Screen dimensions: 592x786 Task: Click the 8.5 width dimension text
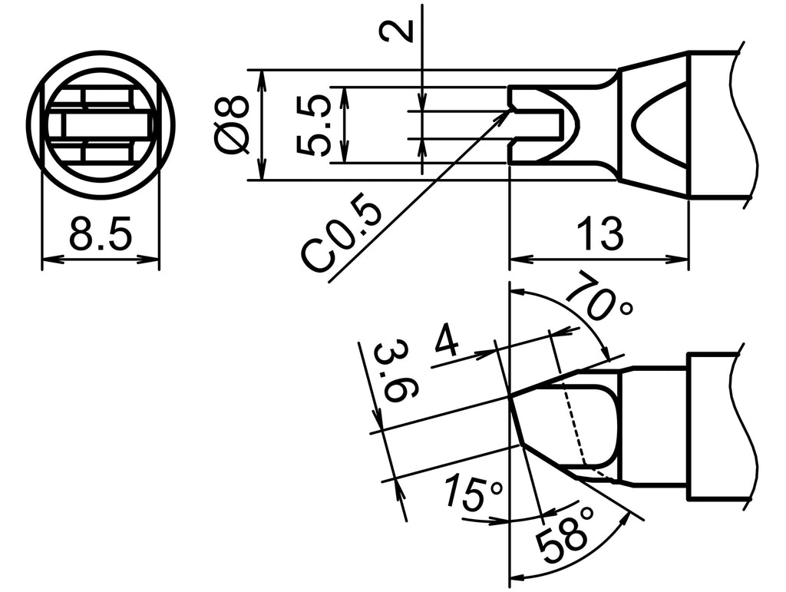100,234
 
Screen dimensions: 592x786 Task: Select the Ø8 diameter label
233,124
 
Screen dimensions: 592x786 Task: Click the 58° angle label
566,537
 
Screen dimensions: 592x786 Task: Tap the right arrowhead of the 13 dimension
685,260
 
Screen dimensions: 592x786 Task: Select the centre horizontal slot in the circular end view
100,124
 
